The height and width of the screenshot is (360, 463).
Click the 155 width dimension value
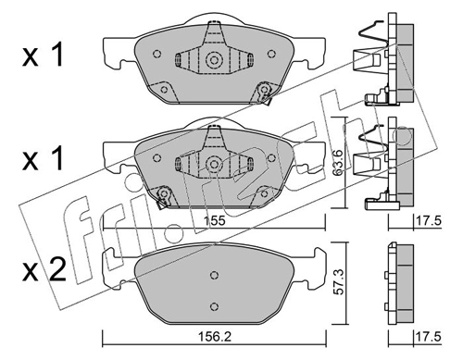coord(214,221)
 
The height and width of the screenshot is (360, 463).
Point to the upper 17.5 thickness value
coord(429,221)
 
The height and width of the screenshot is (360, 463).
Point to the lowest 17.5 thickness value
coord(429,337)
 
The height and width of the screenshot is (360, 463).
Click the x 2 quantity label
coord(44,270)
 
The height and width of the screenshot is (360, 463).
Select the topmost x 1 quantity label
coord(43,55)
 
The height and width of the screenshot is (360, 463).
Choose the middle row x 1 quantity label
coord(43,158)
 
